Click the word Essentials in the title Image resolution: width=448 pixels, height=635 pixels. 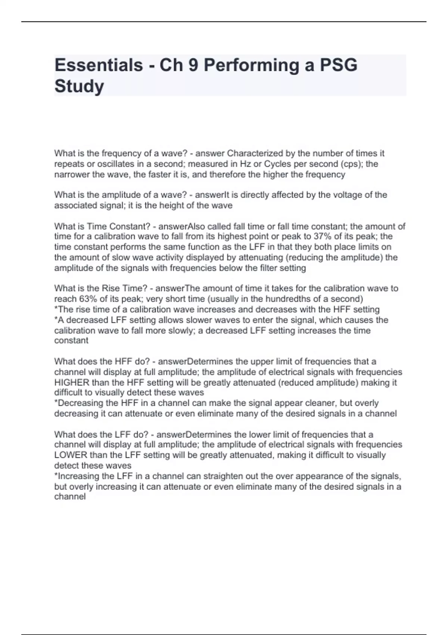[99, 65]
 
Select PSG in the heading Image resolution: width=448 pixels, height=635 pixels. [339, 65]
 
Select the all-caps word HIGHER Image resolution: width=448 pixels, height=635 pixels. [72, 382]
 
